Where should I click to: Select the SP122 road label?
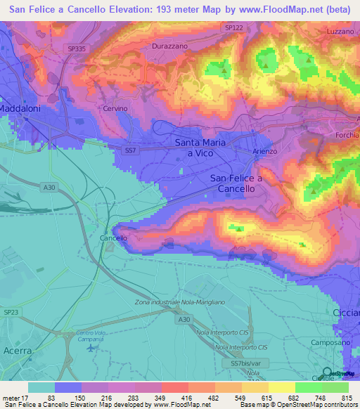coord(233,27)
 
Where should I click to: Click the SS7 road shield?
coord(129,150)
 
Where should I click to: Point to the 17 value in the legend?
coord(29,397)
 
